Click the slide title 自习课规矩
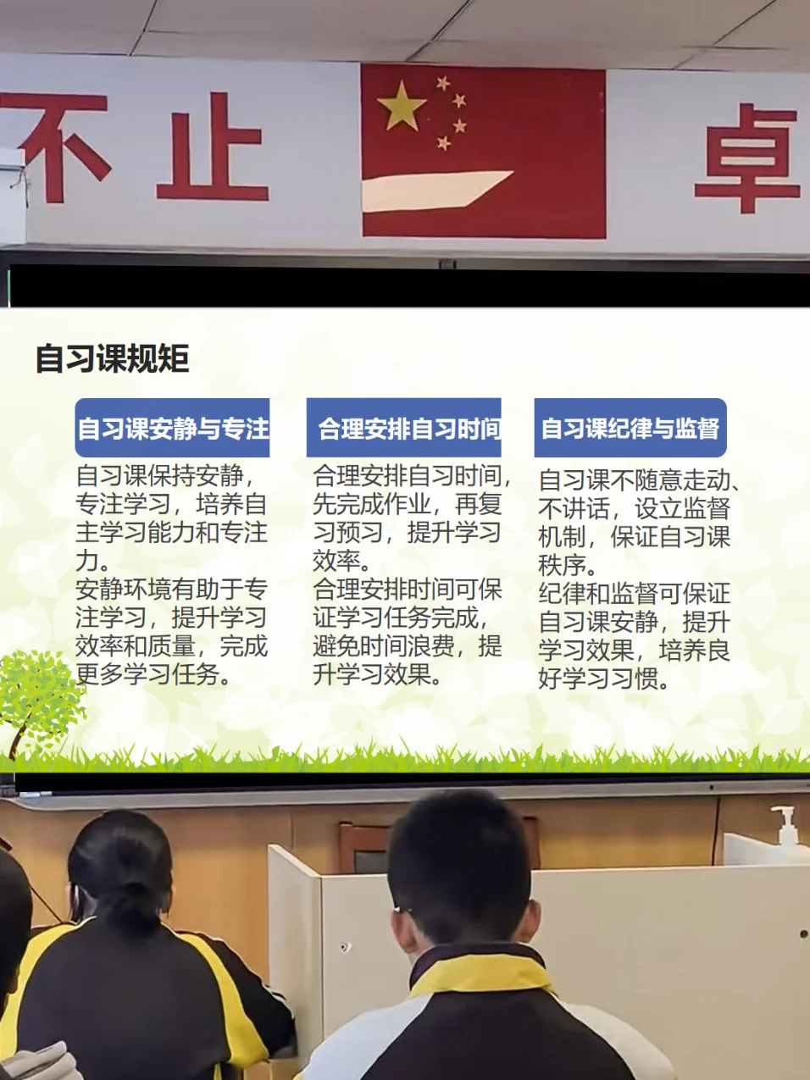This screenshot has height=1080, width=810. tap(113, 358)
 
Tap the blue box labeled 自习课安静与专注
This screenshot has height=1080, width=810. tap(172, 428)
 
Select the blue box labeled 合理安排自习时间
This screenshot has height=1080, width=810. tap(403, 428)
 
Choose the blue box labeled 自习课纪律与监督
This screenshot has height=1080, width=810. tap(630, 428)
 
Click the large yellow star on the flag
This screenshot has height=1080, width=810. tap(401, 106)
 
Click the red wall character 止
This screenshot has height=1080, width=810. tap(213, 147)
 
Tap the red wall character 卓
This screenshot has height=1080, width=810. tap(748, 158)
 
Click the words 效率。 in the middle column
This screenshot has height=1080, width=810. tap(342, 561)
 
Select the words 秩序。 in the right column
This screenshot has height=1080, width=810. tap(568, 565)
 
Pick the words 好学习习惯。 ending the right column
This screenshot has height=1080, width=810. tap(604, 678)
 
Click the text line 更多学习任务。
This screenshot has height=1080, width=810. tap(153, 674)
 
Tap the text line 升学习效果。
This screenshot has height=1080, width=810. tap(377, 674)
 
